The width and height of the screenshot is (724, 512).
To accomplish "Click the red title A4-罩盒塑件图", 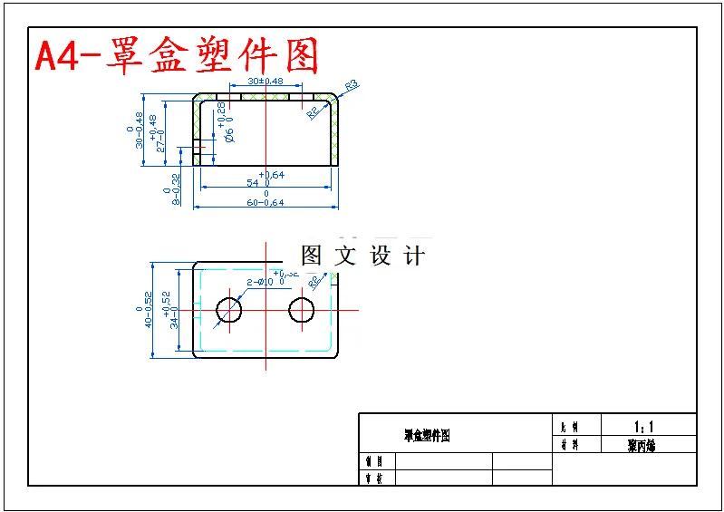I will click(x=178, y=57).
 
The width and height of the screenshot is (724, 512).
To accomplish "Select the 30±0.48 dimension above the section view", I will click(x=265, y=82).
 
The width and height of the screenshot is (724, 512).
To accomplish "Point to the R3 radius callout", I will click(x=352, y=85).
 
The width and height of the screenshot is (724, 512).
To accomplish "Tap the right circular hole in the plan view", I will click(x=302, y=311).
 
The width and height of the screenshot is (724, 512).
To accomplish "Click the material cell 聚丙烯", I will click(x=641, y=445).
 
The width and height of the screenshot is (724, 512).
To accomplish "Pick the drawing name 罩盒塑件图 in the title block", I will click(x=427, y=436).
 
